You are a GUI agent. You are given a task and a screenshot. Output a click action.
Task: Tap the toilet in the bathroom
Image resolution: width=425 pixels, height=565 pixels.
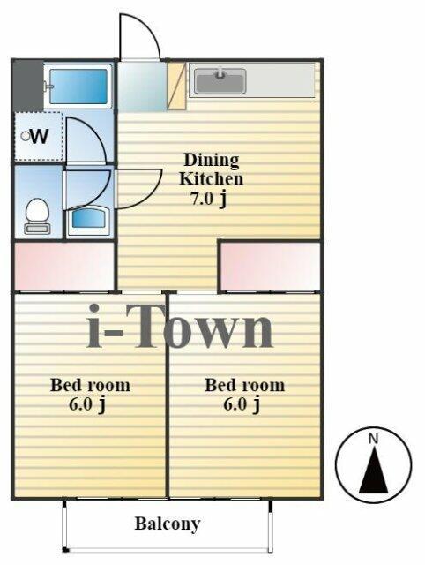click(x=37, y=215)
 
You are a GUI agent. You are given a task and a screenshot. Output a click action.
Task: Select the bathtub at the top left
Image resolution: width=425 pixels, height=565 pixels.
click(x=78, y=86)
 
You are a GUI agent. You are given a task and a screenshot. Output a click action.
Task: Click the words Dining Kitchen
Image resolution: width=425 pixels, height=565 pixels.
click(x=212, y=169)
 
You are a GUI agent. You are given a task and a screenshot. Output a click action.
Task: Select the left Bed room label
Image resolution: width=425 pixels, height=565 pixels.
click(x=90, y=385)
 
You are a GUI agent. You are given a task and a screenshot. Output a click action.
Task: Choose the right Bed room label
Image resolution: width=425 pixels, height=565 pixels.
click(x=244, y=385)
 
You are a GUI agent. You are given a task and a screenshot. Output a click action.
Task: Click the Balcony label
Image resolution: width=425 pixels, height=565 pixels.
click(x=168, y=523)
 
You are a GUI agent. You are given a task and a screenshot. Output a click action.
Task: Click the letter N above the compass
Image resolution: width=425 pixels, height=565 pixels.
click(x=373, y=438)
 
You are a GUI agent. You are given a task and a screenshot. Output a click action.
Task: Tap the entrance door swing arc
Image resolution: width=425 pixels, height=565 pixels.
click(x=141, y=37)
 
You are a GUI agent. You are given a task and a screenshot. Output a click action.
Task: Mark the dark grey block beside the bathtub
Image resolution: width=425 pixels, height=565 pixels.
click(x=26, y=85)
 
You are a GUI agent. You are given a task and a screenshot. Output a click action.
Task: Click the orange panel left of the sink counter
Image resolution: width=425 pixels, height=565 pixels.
click(x=176, y=86)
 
